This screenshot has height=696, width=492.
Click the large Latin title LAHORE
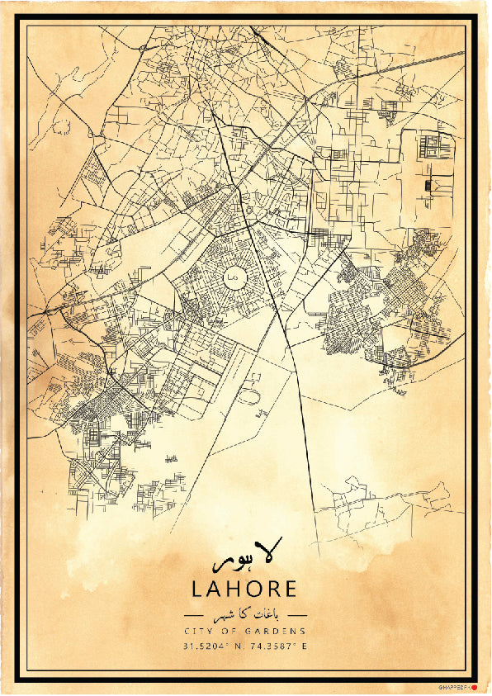point(244,589)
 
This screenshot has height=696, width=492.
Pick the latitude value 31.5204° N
point(210,646)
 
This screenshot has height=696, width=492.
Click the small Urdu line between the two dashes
point(245,616)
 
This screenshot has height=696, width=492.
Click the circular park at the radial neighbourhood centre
point(234,277)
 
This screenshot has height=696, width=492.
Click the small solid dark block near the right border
point(427,184)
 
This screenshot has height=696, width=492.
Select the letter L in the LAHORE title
point(197,589)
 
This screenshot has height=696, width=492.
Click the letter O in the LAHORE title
point(254,589)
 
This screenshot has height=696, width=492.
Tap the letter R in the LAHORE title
point(273,589)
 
